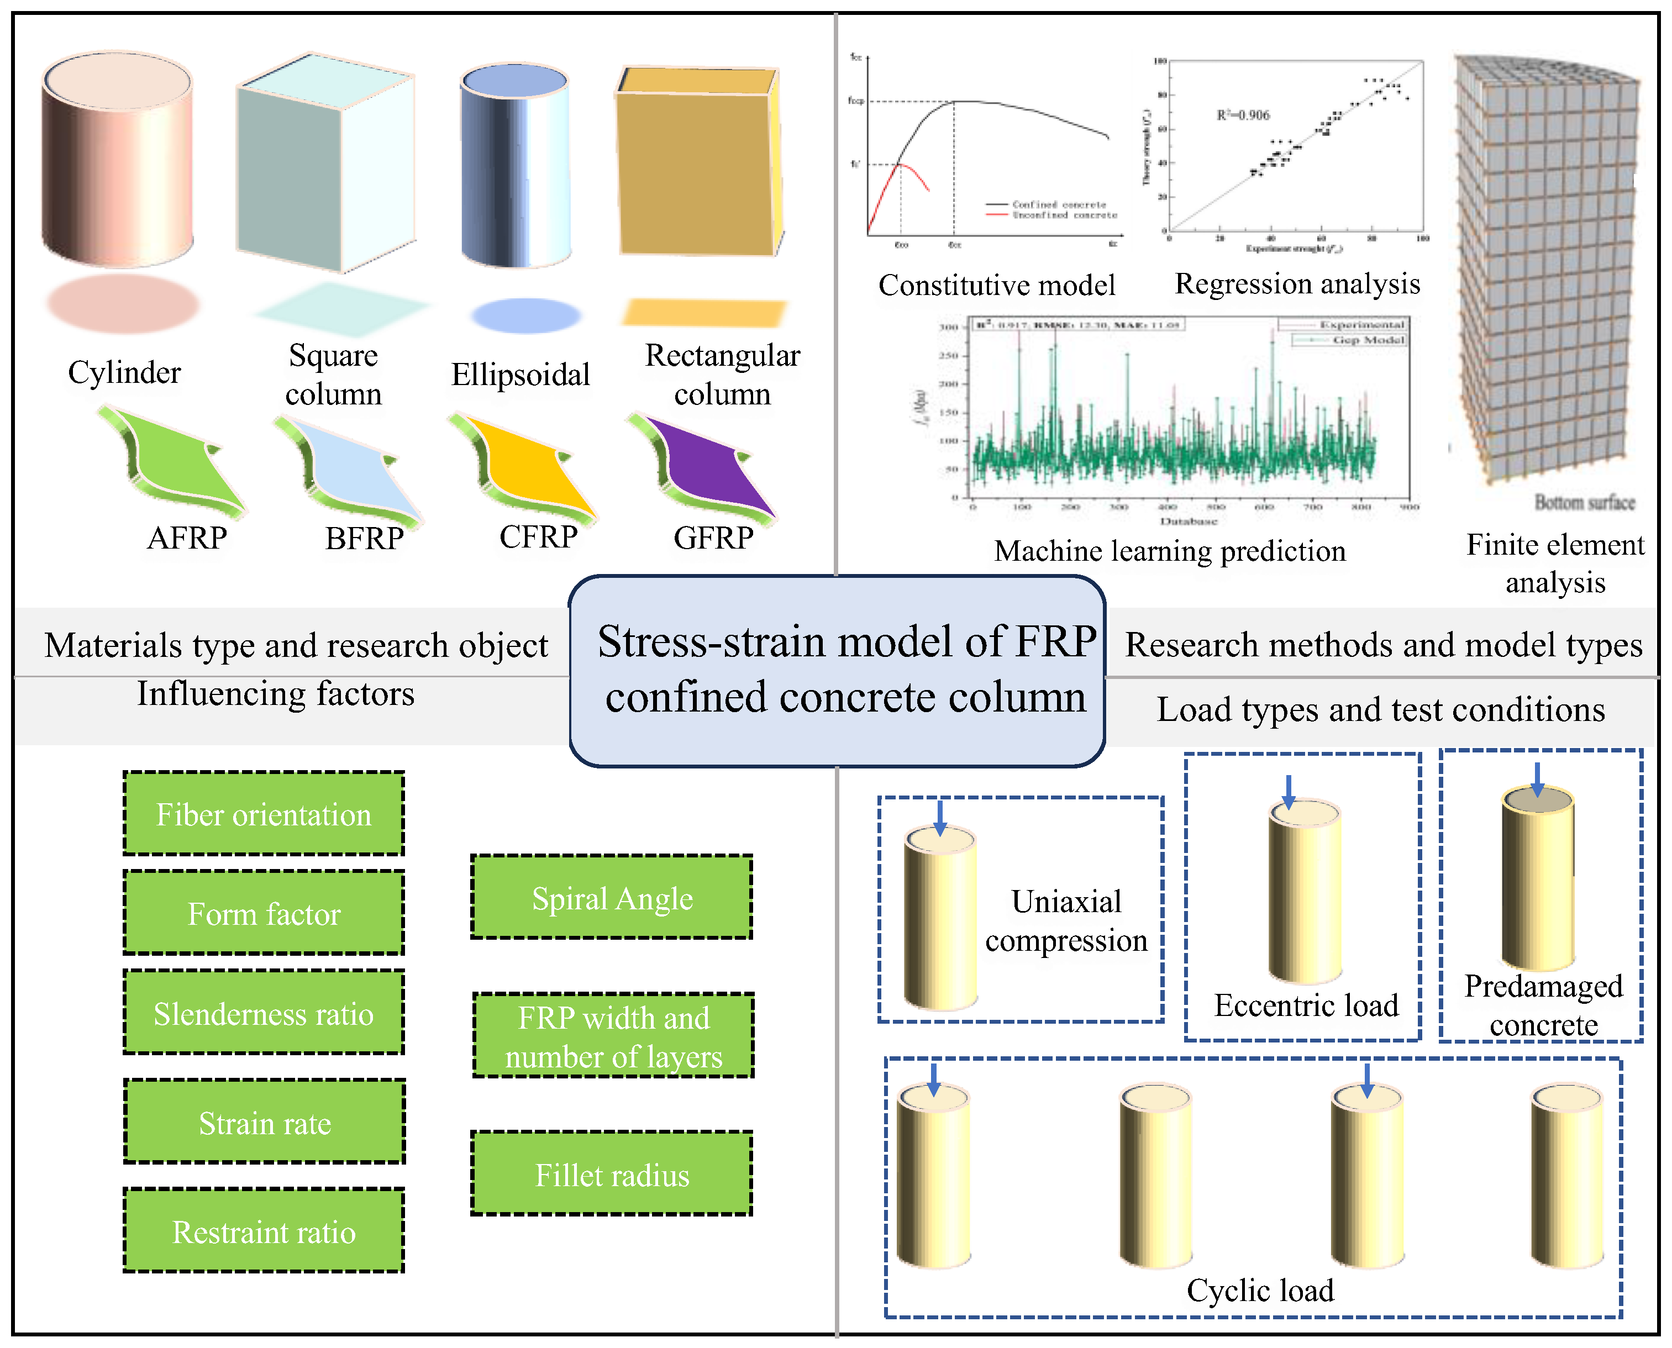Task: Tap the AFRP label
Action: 187,538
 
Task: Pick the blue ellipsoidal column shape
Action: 515,167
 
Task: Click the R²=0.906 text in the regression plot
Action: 1243,115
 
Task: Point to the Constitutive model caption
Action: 996,285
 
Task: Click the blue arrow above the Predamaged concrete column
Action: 1537,778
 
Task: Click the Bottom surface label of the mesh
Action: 1584,502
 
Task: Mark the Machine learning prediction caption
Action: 1170,551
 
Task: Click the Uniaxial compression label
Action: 1066,921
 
